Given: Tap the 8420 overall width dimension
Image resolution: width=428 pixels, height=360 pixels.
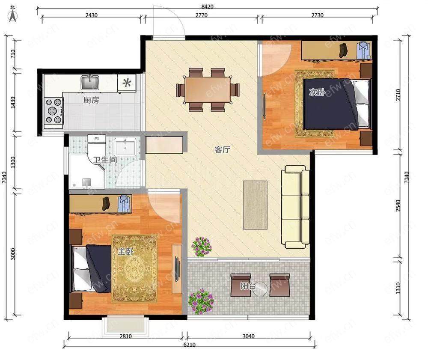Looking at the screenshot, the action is click(207, 6).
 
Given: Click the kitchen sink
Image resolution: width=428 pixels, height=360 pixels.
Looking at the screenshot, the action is click(89, 83).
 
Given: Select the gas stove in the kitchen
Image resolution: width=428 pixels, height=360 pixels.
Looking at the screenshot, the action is click(54, 111).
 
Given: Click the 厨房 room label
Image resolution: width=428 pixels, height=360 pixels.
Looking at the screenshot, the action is click(91, 100).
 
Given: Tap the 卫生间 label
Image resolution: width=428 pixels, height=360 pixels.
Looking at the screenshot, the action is click(105, 160).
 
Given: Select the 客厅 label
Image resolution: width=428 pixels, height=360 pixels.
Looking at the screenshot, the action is click(222, 149).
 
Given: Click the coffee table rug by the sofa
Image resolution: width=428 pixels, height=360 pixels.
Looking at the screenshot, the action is click(255, 205).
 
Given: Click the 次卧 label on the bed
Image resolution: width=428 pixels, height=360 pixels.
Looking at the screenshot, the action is click(317, 92).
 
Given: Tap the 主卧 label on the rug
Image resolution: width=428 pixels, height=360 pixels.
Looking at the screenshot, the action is click(125, 251).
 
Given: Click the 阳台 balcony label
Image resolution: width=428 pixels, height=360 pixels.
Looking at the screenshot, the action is click(248, 286).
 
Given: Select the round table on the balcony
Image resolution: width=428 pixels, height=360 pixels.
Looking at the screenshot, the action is click(260, 289).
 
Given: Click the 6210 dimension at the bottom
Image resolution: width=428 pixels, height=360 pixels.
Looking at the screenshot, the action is click(189, 345).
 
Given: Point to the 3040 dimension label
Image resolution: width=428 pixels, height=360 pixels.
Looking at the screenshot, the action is click(248, 336).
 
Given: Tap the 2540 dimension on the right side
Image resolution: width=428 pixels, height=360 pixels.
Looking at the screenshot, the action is click(398, 205).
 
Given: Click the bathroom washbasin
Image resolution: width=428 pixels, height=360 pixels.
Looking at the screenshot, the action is click(125, 146).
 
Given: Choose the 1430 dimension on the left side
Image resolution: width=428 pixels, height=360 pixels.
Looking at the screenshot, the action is click(13, 102).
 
